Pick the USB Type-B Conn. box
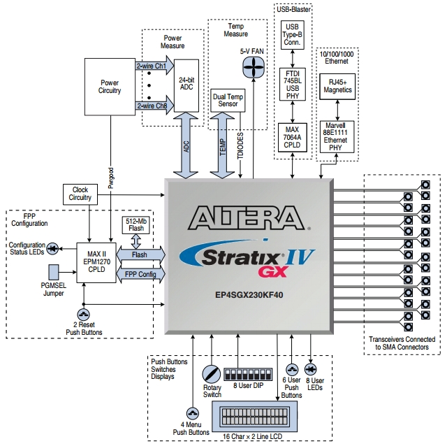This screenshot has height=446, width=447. pos(291,34)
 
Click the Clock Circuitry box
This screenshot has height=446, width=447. pos(80,193)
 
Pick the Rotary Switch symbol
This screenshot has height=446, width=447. pos(211,375)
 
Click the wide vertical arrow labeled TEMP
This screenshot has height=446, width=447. pos(223,147)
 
